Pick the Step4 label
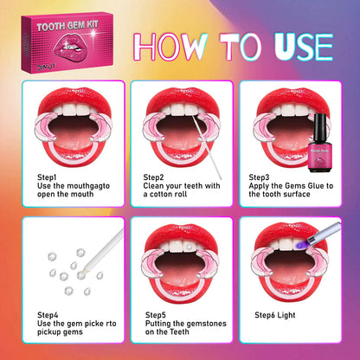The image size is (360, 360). point(49,315)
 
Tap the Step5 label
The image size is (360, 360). point(156,315)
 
